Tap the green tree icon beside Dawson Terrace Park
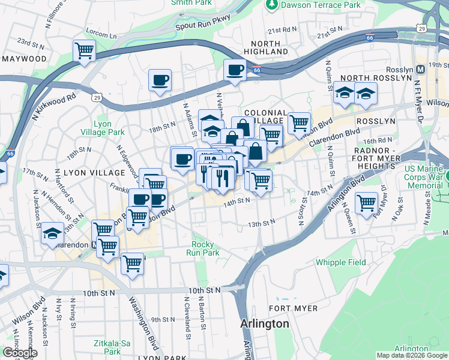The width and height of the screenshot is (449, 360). (x=272, y=5)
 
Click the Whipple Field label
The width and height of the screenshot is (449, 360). (x=340, y=262)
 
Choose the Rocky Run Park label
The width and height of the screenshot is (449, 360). (x=205, y=248)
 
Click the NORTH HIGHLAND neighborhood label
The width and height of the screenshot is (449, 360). (x=266, y=48)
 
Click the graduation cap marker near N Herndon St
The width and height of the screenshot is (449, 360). (x=53, y=233)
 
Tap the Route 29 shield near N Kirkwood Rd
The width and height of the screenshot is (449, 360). (x=96, y=97)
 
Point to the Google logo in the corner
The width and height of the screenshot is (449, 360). (x=19, y=353)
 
